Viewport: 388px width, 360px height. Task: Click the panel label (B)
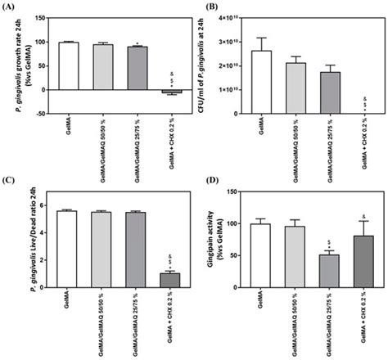(209, 7)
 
